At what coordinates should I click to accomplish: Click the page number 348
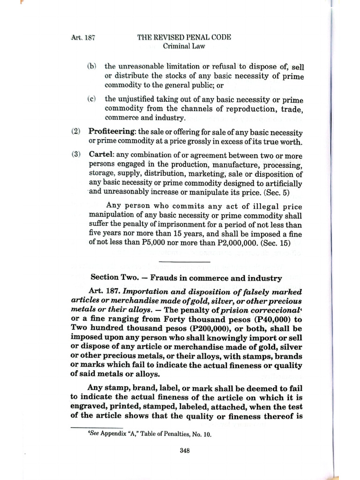point(184,451)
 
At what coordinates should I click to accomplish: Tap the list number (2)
point(76,133)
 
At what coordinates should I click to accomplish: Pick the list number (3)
point(76,156)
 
